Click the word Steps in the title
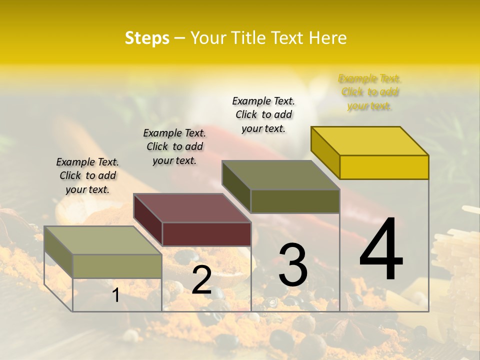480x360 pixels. pyautogui.click(x=147, y=38)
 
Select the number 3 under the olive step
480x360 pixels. pyautogui.click(x=292, y=265)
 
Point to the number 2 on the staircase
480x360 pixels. pyautogui.click(x=201, y=279)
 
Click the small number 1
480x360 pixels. pyautogui.click(x=116, y=295)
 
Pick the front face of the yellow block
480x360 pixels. pyautogui.click(x=384, y=167)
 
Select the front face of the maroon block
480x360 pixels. pyautogui.click(x=206, y=234)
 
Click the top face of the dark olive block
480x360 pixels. pyautogui.click(x=281, y=175)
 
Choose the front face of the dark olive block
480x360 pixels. pyautogui.click(x=295, y=201)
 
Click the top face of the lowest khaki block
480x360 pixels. pyautogui.click(x=103, y=240)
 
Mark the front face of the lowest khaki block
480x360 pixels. pyautogui.click(x=117, y=266)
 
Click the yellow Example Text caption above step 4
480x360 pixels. pyautogui.click(x=369, y=92)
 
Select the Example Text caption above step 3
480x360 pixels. pyautogui.click(x=263, y=114)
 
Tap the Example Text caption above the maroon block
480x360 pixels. pyautogui.click(x=174, y=146)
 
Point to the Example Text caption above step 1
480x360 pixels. pyautogui.click(x=87, y=175)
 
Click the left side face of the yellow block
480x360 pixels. pyautogui.click(x=325, y=152)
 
